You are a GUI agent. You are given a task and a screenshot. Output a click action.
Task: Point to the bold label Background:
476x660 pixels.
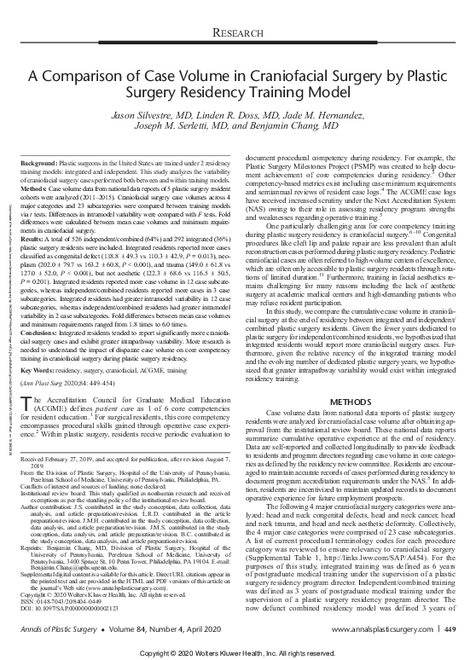40,162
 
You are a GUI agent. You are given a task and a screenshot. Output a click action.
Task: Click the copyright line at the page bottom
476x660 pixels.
237,651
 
